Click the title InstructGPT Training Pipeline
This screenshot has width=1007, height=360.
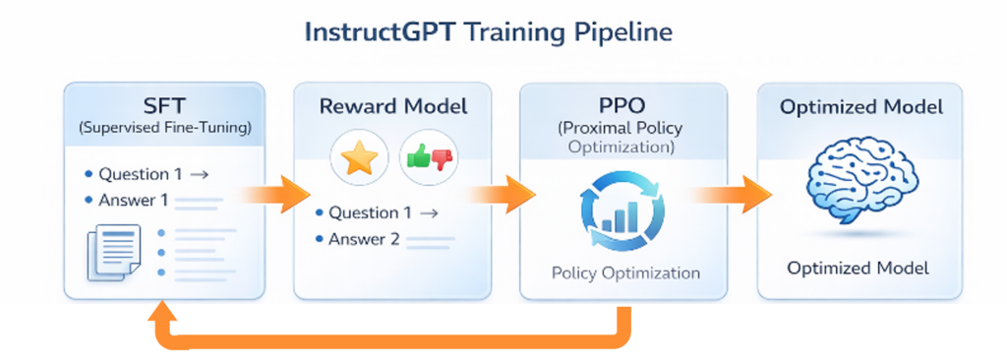488,32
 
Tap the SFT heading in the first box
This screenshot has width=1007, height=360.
164,105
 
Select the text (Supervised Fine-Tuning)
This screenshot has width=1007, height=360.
164,127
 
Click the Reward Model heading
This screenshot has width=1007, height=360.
393,106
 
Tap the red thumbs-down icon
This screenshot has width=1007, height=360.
442,159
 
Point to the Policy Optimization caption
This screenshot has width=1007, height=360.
625,273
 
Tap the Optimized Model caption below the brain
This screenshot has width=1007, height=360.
858,269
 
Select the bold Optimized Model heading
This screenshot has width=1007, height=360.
861,106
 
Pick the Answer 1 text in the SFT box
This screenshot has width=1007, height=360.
134,201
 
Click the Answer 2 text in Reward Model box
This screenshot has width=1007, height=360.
364,240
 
